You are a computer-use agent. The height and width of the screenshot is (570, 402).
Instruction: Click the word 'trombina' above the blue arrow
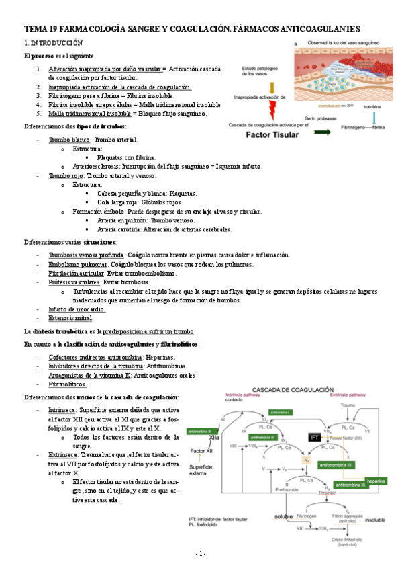click(x=372, y=106)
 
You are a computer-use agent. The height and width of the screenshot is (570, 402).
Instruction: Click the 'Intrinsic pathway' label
click(x=226, y=396)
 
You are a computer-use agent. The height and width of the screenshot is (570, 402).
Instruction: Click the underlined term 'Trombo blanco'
click(x=70, y=140)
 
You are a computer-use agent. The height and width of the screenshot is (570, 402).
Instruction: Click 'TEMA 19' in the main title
click(x=41, y=28)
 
